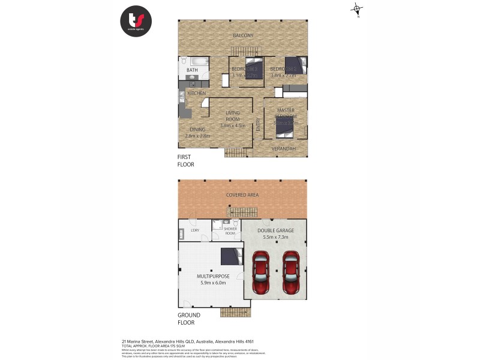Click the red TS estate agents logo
[x=136, y=22]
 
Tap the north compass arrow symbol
[x=357, y=10]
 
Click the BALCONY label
[x=243, y=36]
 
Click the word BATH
[x=192, y=71]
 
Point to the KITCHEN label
[x=197, y=94]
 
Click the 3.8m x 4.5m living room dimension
[x=233, y=125]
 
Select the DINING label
[x=197, y=130]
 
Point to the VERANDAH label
[x=283, y=148]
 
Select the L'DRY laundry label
[x=195, y=230]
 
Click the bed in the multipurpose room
[x=231, y=256]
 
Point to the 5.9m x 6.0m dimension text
[x=211, y=283]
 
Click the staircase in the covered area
[x=242, y=212]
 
